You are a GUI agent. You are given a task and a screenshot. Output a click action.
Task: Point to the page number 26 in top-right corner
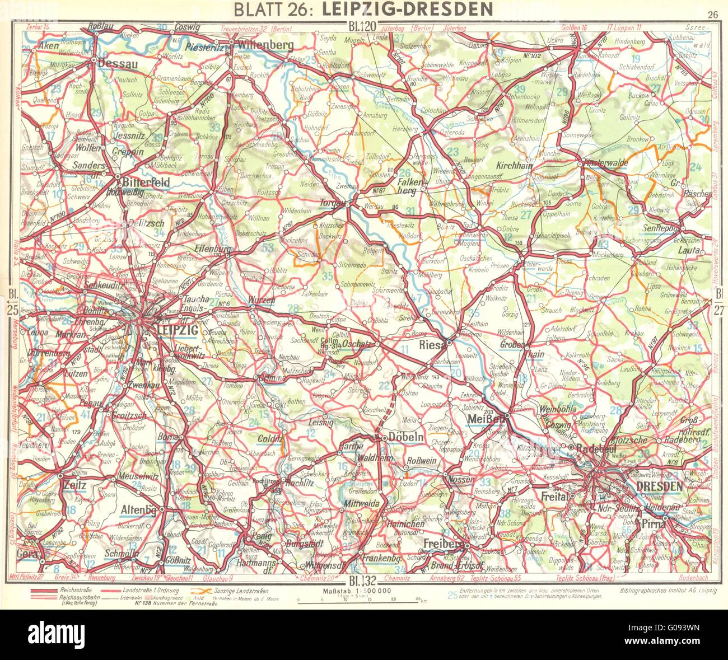pos(712,15)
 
